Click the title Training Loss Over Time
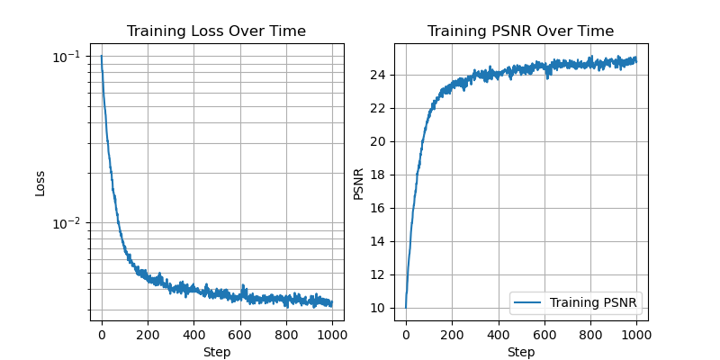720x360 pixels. pyautogui.click(x=216, y=31)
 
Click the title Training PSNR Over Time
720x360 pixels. pyautogui.click(x=520, y=31)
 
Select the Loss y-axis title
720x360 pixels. pyautogui.click(x=40, y=183)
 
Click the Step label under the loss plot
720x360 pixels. pyautogui.click(x=216, y=352)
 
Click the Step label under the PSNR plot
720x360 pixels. pyautogui.click(x=520, y=352)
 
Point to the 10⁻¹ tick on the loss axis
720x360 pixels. pyautogui.click(x=65, y=57)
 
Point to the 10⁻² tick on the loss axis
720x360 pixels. pyautogui.click(x=65, y=223)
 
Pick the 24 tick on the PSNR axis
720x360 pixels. pyautogui.click(x=379, y=75)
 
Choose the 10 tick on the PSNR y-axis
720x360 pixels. pyautogui.click(x=379, y=308)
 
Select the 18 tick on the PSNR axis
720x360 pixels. pyautogui.click(x=379, y=175)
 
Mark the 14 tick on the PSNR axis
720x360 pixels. pyautogui.click(x=379, y=241)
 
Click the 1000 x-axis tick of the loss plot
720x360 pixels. pyautogui.click(x=332, y=335)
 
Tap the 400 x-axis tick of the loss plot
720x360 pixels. pyautogui.click(x=193, y=335)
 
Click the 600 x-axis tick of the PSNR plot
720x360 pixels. pyautogui.click(x=544, y=335)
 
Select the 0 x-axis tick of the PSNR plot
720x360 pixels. pyautogui.click(x=406, y=335)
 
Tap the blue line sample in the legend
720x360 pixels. pyautogui.click(x=529, y=302)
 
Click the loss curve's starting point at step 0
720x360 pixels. pyautogui.click(x=102, y=57)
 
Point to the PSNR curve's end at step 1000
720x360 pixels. pyautogui.click(x=635, y=59)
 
